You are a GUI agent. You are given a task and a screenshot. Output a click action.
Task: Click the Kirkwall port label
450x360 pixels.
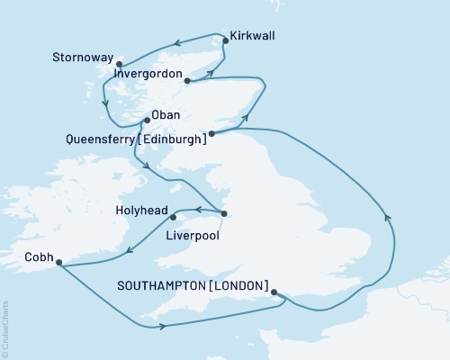(253, 36)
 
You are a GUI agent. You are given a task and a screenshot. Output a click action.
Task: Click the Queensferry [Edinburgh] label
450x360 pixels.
(135, 139)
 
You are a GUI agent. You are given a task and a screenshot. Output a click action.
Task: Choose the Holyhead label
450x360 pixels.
(140, 211)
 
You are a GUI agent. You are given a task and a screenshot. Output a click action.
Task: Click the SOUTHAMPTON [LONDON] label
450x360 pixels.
(193, 286)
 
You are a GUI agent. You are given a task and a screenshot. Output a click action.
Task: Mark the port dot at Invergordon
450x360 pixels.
(186, 82)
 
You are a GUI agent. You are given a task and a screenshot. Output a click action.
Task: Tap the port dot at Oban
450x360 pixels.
(147, 121)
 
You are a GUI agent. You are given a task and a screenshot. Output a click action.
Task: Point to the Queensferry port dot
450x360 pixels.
(211, 135)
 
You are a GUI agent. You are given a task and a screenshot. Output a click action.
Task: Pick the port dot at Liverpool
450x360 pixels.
(223, 213)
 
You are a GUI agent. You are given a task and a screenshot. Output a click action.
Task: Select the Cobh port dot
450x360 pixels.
(58, 263)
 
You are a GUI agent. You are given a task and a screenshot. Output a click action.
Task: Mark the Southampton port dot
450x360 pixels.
(273, 292)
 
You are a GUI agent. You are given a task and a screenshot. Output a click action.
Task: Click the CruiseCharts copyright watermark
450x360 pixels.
(5, 328)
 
